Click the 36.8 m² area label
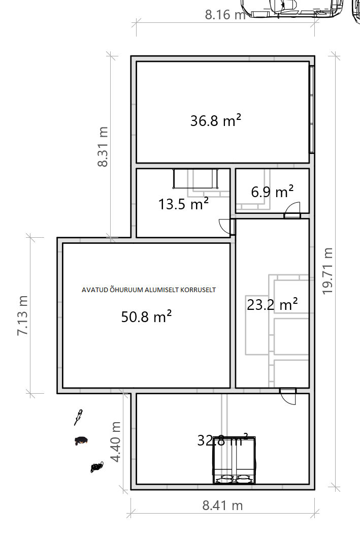pyautogui.click(x=216, y=121)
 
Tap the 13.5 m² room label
pyautogui.click(x=183, y=204)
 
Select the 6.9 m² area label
pyautogui.click(x=272, y=192)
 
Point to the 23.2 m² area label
pyautogui.click(x=272, y=304)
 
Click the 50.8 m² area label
pyautogui.click(x=146, y=317)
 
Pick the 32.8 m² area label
pyautogui.click(x=222, y=440)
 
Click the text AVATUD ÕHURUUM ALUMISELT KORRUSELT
pyautogui.click(x=149, y=290)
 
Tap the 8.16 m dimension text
pyautogui.click(x=225, y=15)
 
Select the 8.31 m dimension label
pyautogui.click(x=103, y=146)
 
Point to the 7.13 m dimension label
pyautogui.click(x=23, y=315)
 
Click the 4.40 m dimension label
pyautogui.click(x=115, y=442)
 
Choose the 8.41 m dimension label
pyautogui.click(x=222, y=505)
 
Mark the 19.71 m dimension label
pyautogui.click(x=328, y=271)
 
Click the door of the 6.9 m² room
pyautogui.click(x=292, y=210)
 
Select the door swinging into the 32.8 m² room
pyautogui.click(x=288, y=397)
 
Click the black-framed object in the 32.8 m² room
pyautogui.click(x=235, y=460)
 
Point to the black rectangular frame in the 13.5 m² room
pyautogui.click(x=195, y=178)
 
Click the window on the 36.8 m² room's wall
pyautogui.click(x=312, y=109)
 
